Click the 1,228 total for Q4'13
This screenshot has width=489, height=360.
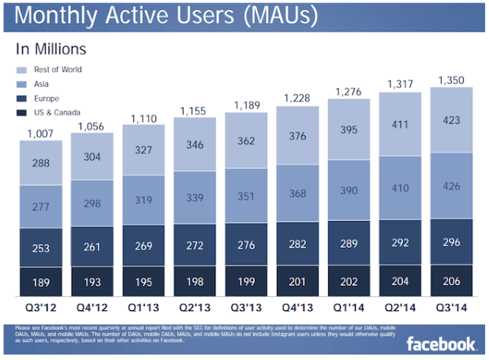tap(297, 99)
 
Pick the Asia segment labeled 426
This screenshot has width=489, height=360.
tap(452, 187)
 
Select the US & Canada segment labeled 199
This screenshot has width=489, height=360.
tap(246, 282)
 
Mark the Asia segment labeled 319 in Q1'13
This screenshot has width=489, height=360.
tap(144, 200)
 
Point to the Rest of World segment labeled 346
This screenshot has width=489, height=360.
tap(195, 146)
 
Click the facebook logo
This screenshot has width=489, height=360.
tap(441, 343)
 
